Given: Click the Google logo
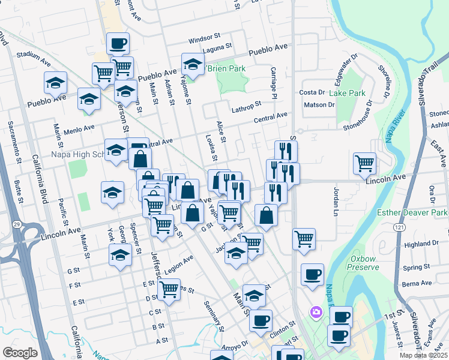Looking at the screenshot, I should pyautogui.click(x=20, y=353).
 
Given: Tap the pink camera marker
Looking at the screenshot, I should pyautogui.click(x=316, y=312).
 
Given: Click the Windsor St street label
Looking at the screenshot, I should pyautogui.click(x=201, y=40).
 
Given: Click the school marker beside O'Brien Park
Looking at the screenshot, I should pyautogui.click(x=193, y=64).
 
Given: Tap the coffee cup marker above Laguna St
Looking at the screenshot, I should pyautogui.click(x=118, y=44).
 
